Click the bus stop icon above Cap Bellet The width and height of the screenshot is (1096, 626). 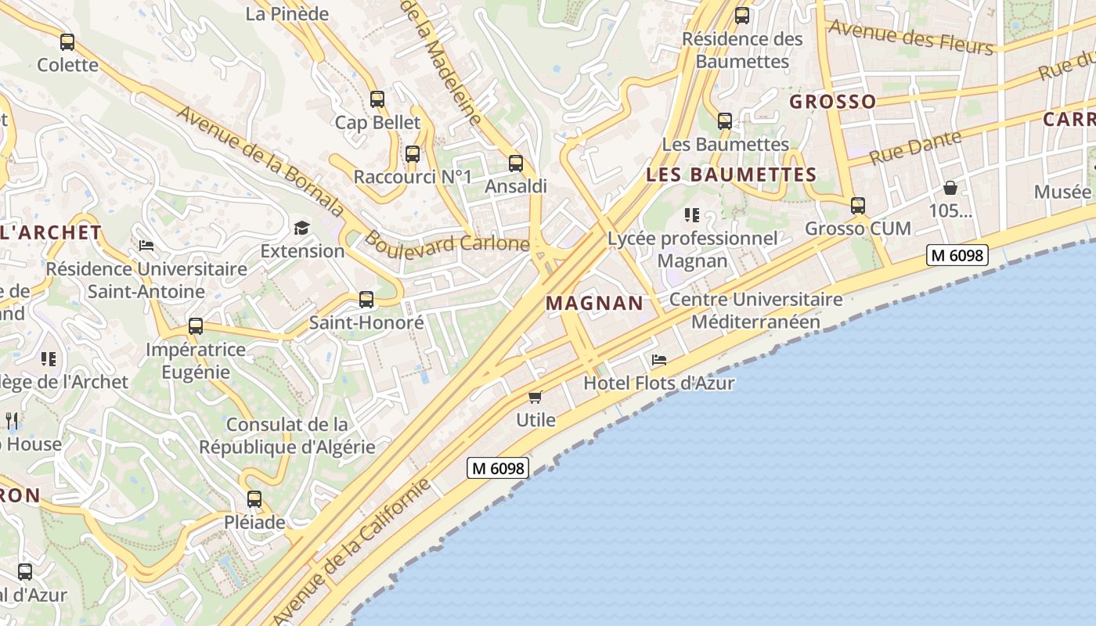point(377,99)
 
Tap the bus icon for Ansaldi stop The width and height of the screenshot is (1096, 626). point(516,164)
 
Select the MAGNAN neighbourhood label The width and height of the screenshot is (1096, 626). point(594,303)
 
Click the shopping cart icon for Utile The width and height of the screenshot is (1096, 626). point(535,397)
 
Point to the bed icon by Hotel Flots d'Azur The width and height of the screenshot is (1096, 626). point(659,360)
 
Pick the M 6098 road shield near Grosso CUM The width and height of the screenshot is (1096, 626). point(957,255)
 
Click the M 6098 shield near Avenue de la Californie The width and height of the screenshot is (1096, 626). point(498,468)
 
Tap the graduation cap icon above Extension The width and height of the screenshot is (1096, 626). point(302,228)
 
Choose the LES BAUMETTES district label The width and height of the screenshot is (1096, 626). point(731,174)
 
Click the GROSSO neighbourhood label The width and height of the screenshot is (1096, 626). point(832,102)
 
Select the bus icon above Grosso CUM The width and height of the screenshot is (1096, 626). point(858,206)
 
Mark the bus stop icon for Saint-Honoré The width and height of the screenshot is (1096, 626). point(366,299)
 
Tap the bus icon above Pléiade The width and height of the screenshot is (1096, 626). point(254,499)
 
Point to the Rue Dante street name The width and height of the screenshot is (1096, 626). point(914,147)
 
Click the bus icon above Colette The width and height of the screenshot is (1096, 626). point(67,42)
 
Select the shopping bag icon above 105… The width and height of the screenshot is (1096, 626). point(950,188)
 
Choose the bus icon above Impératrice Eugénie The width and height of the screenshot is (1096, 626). point(196,326)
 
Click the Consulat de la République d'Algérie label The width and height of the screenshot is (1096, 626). point(287,436)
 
